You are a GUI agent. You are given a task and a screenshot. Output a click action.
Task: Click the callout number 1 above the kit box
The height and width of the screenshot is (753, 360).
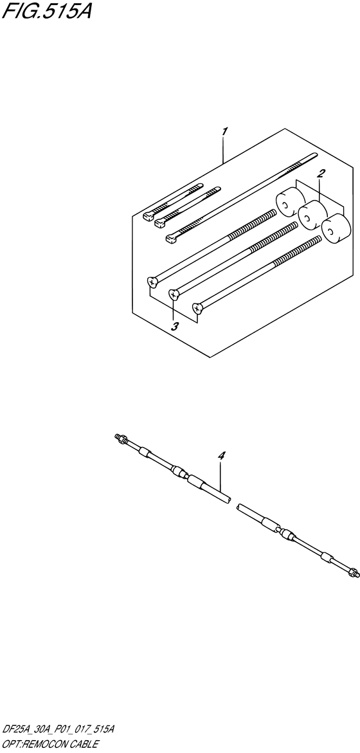pyautogui.click(x=224, y=132)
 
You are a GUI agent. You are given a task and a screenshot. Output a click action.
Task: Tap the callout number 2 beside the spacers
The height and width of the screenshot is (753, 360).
pyautogui.click(x=321, y=173)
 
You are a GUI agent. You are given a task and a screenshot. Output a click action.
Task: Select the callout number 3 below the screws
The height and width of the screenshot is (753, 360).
pyautogui.click(x=174, y=326)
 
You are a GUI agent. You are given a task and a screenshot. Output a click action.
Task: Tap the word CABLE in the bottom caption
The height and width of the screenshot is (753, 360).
pyautogui.click(x=83, y=744)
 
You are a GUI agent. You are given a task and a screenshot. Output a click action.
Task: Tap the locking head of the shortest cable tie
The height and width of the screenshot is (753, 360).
pyautogui.click(x=147, y=214)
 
